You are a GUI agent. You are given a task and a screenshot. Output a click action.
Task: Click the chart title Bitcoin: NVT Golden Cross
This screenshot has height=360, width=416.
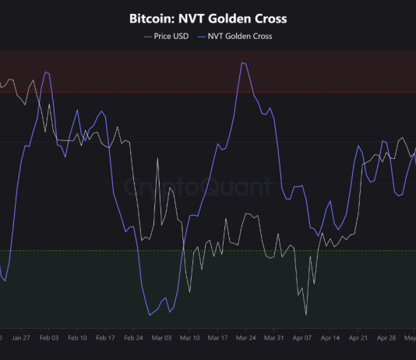pos(208,18)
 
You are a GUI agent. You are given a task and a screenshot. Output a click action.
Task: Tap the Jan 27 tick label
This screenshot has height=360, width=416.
pos(20,338)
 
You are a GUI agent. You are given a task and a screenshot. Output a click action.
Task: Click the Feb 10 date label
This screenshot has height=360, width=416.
pos(77,338)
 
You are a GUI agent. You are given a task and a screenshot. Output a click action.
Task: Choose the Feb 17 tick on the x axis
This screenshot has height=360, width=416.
pos(105,338)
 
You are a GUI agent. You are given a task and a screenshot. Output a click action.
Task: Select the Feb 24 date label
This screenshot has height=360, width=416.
pos(133,338)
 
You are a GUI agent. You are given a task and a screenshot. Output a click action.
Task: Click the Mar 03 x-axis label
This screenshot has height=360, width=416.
pos(161,338)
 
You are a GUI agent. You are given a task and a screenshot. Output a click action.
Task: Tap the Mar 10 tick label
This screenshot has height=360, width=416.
pos(189,338)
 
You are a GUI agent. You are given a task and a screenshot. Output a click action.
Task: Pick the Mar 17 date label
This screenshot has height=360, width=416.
pos(217,338)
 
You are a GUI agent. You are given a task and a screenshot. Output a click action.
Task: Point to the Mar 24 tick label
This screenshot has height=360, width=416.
pos(246,338)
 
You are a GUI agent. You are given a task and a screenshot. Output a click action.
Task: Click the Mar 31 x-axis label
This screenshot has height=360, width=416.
pos(274,338)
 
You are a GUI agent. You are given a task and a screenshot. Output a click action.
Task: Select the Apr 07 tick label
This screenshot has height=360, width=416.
pos(302,338)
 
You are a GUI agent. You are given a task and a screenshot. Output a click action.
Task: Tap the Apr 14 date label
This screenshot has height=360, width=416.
pos(330,338)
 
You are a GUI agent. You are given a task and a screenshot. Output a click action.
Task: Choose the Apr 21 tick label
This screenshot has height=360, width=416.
pos(358,338)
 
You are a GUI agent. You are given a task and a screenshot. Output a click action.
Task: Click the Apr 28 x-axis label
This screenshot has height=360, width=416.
pos(387,338)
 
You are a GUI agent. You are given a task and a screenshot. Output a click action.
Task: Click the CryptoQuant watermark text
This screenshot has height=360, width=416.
pos(199,188)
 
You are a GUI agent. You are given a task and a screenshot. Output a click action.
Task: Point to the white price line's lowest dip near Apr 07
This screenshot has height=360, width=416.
pos(306,314)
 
